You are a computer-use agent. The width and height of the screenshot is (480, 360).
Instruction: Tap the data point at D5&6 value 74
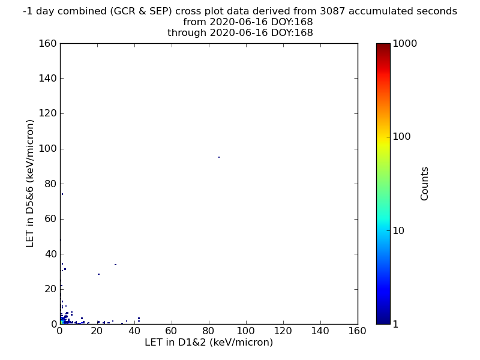tap(62, 194)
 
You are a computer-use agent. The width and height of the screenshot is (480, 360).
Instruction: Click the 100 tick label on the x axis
tap(246, 331)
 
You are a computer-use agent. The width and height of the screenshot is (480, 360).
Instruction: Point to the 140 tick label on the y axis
tap(48, 79)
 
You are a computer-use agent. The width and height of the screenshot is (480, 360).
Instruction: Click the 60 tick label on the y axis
tap(51, 219)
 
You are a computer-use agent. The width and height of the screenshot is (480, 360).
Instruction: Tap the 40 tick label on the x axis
tap(134, 331)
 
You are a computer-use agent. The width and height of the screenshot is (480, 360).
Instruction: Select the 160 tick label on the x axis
tap(357, 331)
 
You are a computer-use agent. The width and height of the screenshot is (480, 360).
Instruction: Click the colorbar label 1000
tap(404, 43)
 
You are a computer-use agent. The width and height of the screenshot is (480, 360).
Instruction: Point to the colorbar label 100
tap(401, 137)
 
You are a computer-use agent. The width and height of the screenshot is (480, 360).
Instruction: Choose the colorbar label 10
tap(398, 230)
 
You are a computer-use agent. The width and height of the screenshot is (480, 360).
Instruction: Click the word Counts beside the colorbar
tap(424, 184)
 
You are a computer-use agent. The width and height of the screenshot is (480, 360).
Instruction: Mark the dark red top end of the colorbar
tap(383, 44)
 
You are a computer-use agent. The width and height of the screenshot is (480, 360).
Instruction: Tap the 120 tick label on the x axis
tap(283, 331)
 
